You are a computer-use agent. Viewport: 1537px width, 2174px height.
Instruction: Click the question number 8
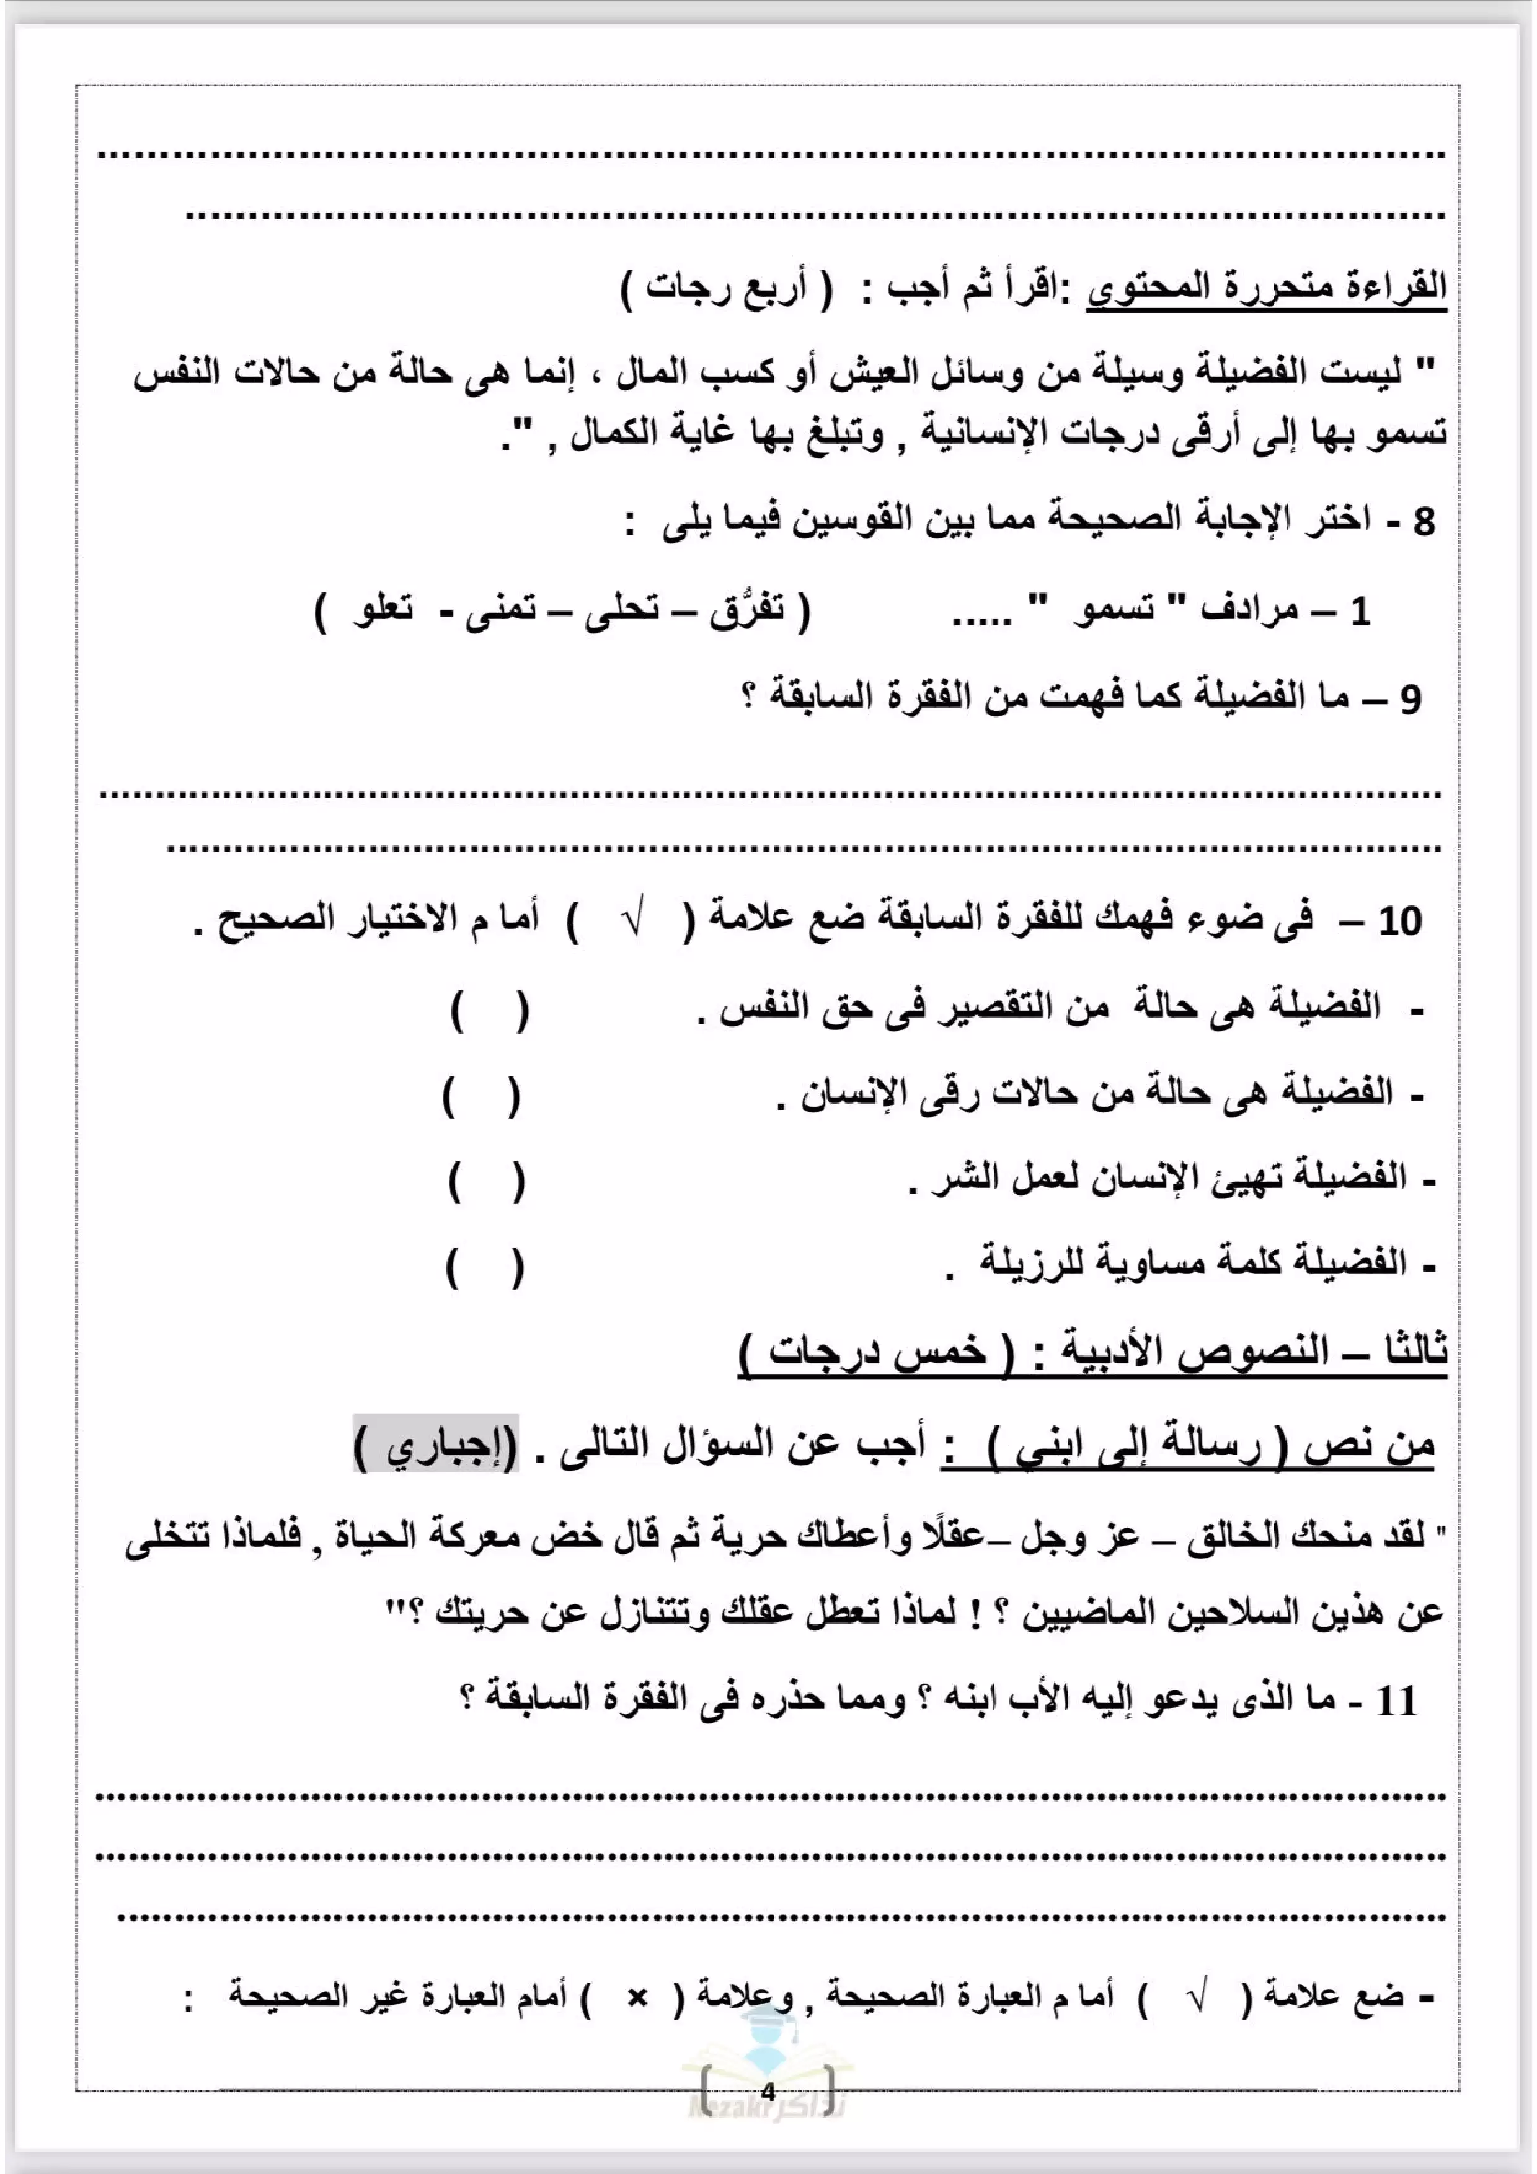point(1424,522)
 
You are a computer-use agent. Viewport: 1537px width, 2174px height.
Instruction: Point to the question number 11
point(1396,1702)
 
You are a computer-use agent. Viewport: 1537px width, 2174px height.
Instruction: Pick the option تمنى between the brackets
point(500,610)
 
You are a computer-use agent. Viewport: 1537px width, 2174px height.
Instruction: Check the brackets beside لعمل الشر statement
point(487,1182)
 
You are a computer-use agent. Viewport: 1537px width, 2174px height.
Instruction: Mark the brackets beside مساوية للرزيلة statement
point(485,1268)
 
